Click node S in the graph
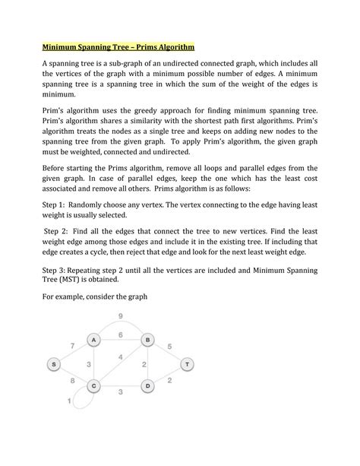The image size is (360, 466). (55, 364)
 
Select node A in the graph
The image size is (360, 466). (93, 339)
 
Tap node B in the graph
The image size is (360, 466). (149, 339)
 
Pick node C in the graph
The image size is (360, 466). (93, 386)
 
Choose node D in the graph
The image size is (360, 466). (149, 386)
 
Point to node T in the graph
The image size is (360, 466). (187, 364)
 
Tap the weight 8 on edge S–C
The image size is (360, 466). (71, 380)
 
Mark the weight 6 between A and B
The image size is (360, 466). (121, 334)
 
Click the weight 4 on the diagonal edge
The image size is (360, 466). (120, 357)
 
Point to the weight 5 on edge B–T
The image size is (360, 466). (169, 347)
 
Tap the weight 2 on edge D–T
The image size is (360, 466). (169, 380)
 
